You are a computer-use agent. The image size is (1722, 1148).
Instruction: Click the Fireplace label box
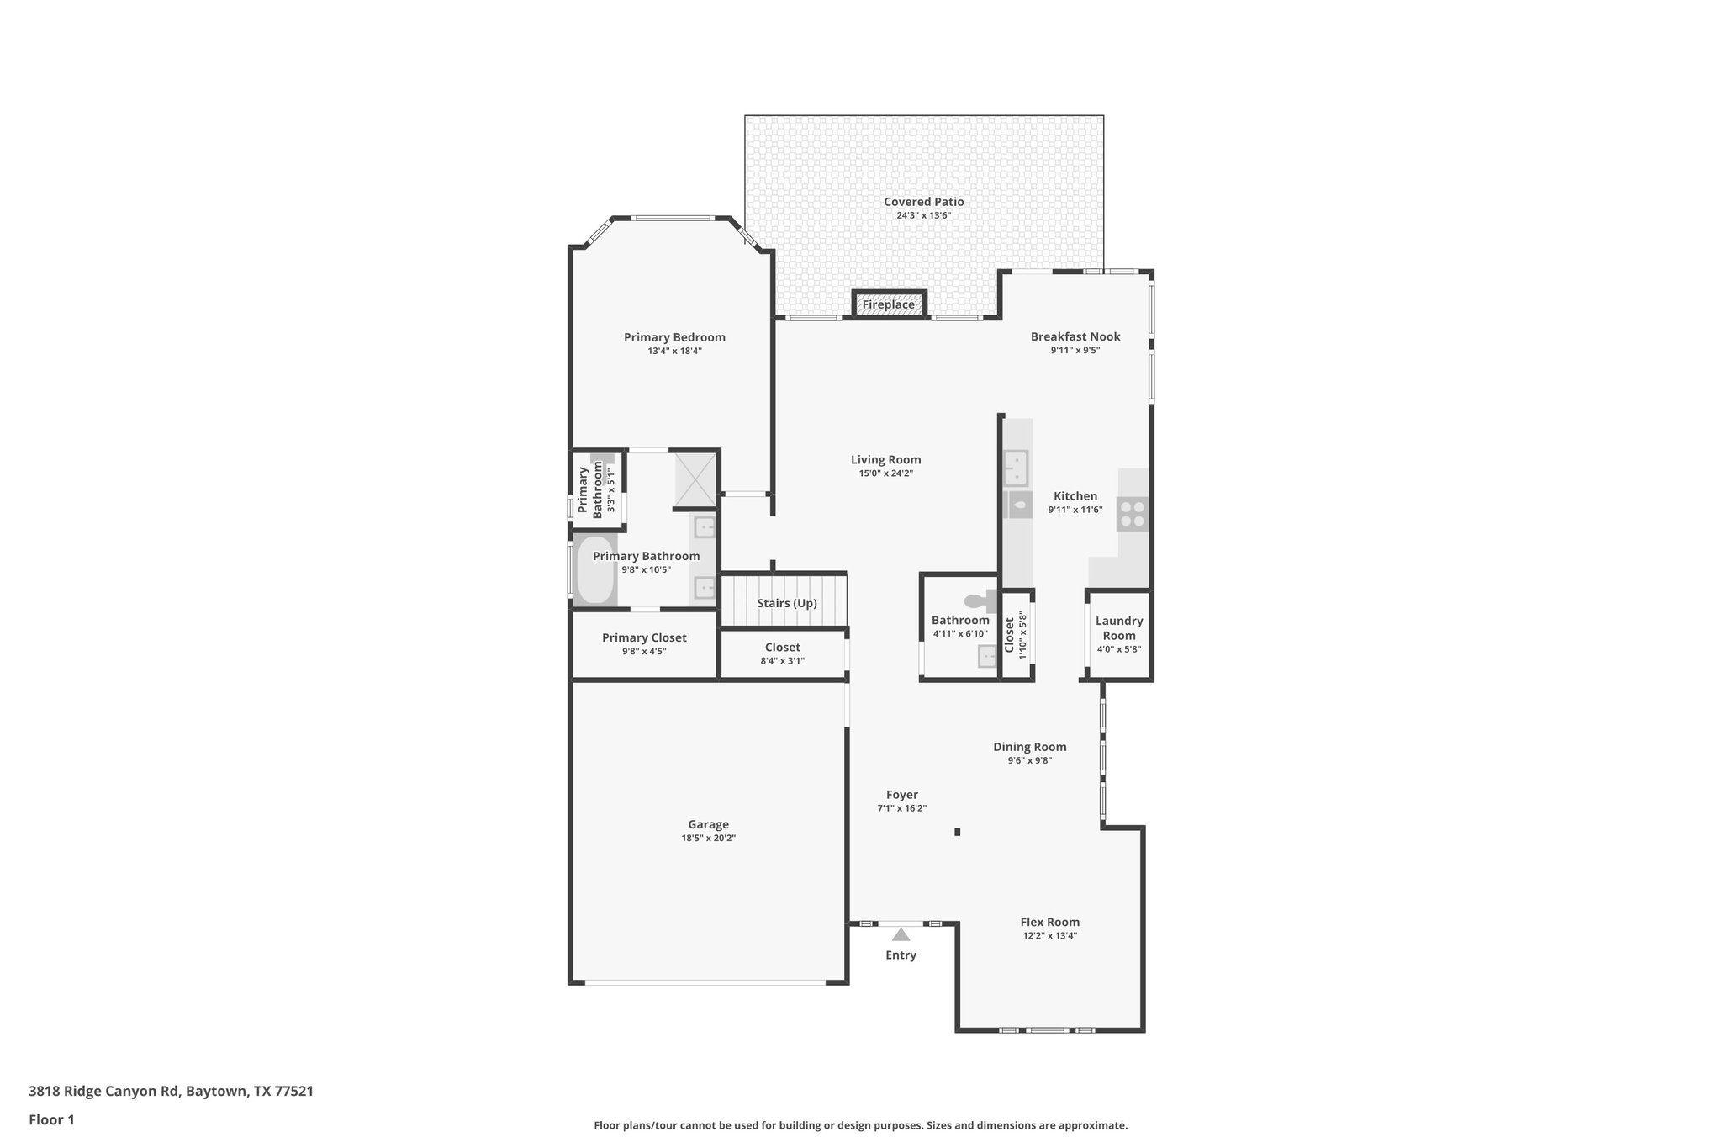889,304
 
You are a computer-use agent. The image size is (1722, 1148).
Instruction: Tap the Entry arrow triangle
901,934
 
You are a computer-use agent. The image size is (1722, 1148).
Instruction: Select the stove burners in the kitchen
1132,514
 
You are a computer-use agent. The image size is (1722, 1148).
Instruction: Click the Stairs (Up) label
786,603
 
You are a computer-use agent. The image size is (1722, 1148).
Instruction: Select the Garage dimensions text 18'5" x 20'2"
708,838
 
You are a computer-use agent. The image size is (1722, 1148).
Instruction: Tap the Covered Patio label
923,202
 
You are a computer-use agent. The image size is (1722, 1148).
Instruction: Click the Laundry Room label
1118,627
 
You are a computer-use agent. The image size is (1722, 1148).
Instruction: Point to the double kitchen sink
1016,468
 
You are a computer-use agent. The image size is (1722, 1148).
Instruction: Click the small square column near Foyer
957,832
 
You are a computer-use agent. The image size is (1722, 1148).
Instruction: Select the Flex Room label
1049,922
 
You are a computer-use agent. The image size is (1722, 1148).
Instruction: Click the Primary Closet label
644,637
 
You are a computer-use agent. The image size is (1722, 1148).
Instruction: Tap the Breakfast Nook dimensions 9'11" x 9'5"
1075,351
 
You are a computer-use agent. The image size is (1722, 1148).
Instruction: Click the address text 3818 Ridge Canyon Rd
104,1091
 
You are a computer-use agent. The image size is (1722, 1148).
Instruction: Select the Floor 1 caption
51,1119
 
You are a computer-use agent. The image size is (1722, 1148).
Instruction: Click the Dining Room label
1029,747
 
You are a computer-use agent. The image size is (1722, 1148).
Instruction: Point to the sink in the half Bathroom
986,656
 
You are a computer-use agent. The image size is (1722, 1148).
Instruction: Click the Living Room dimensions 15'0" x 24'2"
885,473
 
